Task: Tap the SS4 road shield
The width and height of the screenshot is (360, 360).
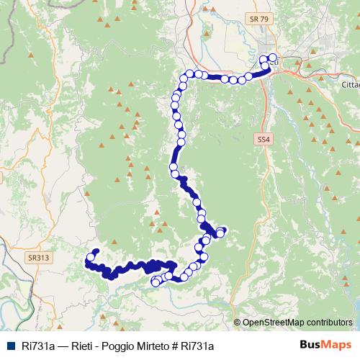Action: pos(261,139)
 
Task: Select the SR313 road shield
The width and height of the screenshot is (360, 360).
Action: pos(39,256)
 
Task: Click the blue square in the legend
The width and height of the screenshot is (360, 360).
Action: pos(11,346)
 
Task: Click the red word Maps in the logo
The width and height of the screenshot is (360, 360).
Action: pos(337,345)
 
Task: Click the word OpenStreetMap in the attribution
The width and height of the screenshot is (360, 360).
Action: pos(275,323)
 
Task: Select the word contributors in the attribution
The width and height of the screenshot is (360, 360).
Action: pos(330,323)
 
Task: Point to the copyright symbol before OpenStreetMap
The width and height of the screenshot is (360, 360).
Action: pos(238,323)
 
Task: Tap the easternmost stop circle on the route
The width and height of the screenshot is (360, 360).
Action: pos(272,58)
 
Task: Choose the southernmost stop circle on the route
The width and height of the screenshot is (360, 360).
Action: pos(155,283)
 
